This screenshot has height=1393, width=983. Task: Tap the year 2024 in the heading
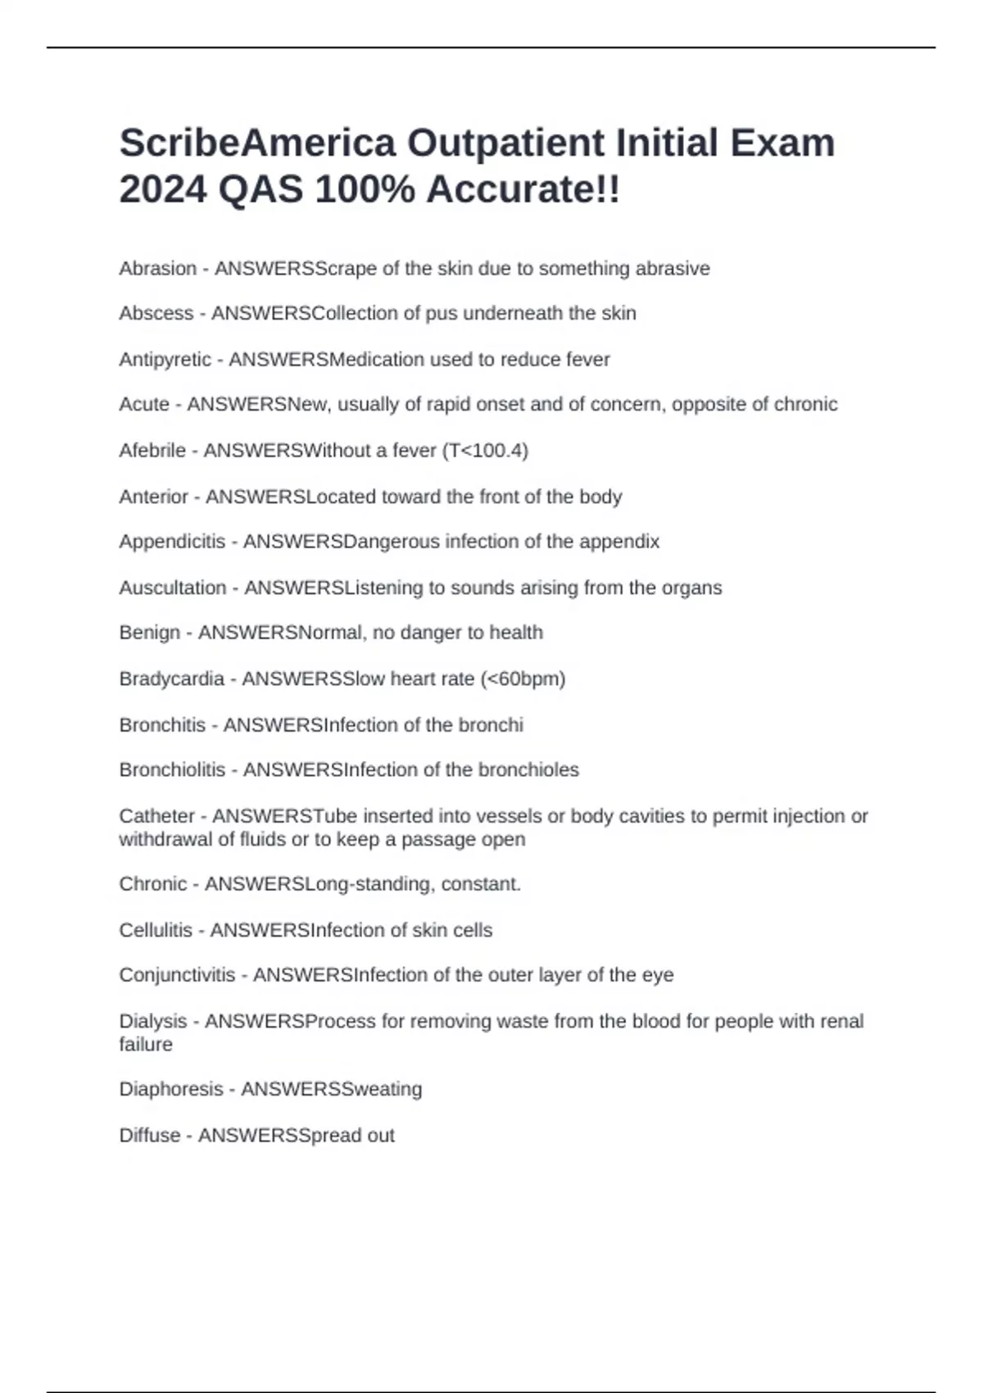[x=163, y=190]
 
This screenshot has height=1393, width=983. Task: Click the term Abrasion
[x=158, y=269]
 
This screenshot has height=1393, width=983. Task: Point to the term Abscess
[x=156, y=313]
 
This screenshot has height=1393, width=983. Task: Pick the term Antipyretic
[x=165, y=360]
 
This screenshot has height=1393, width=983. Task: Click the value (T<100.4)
[x=485, y=451]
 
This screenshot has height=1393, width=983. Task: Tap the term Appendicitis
[x=172, y=542]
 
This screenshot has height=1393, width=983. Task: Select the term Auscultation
[x=173, y=588]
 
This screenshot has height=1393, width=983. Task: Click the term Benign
[x=150, y=633]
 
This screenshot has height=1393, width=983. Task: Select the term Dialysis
[x=153, y=1022]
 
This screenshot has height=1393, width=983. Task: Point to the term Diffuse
[x=150, y=1136]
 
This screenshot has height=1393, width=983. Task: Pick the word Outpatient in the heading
[x=505, y=143]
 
